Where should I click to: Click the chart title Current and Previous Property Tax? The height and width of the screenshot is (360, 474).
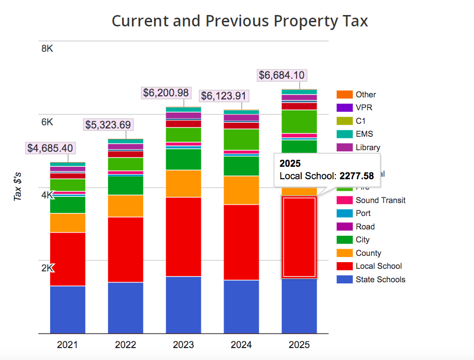240,21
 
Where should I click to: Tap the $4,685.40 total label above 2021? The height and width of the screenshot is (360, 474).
50,148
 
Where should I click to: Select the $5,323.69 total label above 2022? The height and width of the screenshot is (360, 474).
108,125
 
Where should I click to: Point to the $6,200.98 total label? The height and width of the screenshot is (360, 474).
166,93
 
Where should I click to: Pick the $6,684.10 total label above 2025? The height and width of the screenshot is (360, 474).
282,75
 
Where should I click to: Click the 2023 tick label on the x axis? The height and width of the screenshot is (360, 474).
183,345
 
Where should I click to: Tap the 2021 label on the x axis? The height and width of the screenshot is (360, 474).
67,345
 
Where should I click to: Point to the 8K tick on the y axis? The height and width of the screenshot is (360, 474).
47,49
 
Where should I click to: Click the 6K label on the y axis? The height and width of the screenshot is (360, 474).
47,122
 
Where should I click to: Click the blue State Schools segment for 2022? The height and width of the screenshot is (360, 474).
125,308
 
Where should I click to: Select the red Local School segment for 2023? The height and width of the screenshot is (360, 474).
183,236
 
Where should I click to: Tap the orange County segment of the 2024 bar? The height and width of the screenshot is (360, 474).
241,190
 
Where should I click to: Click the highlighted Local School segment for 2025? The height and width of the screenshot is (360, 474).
299,237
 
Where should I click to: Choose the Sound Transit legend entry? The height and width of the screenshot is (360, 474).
380,200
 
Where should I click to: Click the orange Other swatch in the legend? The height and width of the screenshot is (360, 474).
344,95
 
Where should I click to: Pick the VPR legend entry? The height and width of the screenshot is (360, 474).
364,108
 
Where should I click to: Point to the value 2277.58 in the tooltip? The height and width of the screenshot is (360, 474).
357,176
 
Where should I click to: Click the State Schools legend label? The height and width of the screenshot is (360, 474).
380,280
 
